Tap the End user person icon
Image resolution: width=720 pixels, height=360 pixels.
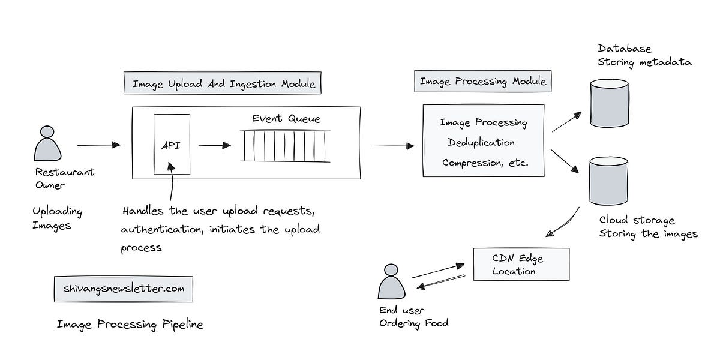coord(391,281)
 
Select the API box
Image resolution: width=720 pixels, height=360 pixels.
coord(172,145)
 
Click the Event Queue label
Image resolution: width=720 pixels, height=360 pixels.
coord(286,118)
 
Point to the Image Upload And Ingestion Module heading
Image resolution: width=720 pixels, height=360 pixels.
coord(223,83)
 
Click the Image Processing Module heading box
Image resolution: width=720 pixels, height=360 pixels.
coord(482,81)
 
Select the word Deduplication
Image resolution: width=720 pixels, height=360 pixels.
coord(481,143)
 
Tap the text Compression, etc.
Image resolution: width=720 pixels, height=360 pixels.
coord(485,163)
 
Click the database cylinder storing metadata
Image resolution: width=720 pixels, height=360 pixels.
coord(609,103)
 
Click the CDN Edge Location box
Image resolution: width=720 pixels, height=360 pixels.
coord(521,265)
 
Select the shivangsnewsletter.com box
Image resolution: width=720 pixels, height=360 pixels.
coord(124,289)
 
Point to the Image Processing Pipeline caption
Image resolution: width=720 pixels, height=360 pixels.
coord(130,325)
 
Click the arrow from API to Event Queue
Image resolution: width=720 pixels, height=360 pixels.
coord(214,145)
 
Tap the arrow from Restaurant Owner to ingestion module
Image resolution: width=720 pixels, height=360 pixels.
coord(98,145)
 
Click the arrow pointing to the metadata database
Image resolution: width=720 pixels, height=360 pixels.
coord(566,122)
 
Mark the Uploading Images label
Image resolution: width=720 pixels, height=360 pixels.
coord(57,218)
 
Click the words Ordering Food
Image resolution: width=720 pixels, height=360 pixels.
coord(413,323)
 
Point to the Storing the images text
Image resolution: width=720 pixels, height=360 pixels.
coord(648,234)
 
